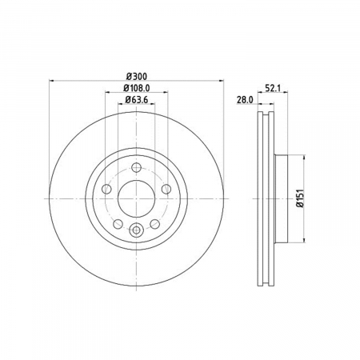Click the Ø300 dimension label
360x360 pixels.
pyautogui.click(x=137, y=77)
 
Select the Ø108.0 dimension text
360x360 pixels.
pyautogui.click(x=137, y=88)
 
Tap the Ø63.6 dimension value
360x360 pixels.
pyautogui.click(x=137, y=100)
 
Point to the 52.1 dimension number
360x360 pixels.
pyautogui.click(x=273, y=88)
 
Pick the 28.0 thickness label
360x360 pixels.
pyautogui.click(x=245, y=100)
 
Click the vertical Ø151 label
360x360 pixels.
pyautogui.click(x=300, y=198)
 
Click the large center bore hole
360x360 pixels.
pyautogui.click(x=136, y=198)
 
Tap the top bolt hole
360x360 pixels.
pyautogui.click(x=136, y=167)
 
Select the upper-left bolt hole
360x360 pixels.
pyautogui.click(x=106, y=189)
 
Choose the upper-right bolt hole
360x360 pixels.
pyautogui.click(x=166, y=189)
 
